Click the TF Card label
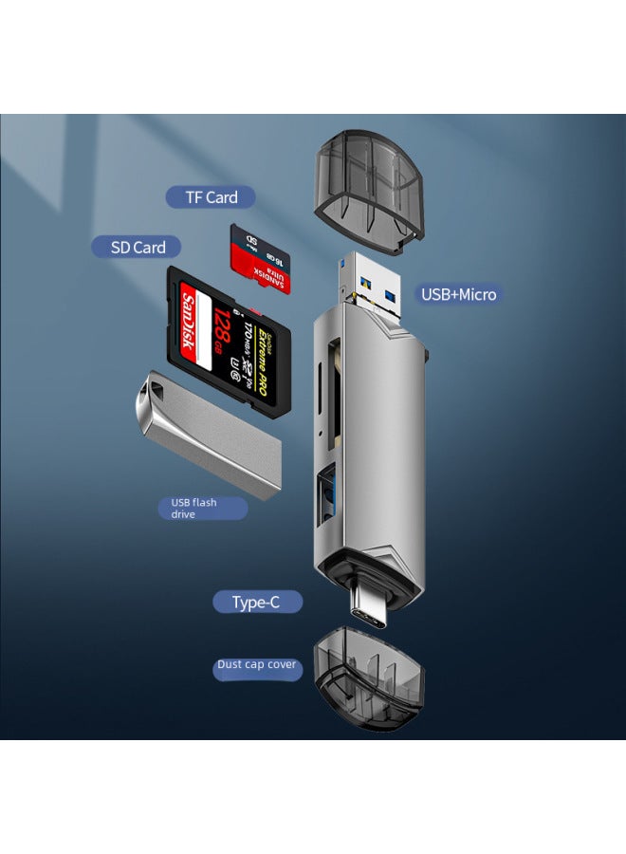point(211,197)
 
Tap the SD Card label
point(138,247)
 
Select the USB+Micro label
point(458,294)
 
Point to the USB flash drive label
point(201,508)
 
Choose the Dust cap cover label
point(256,665)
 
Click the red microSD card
point(260,259)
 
